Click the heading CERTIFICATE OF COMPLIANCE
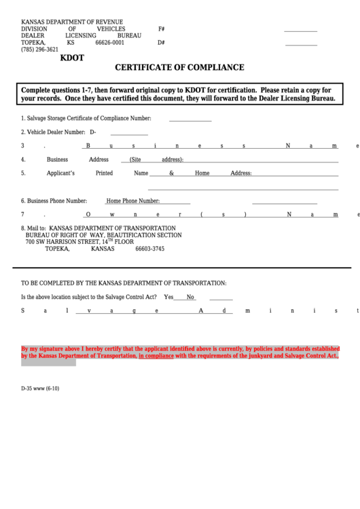click(x=179, y=68)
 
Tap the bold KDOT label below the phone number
click(x=73, y=58)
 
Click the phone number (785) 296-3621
click(x=39, y=50)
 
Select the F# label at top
click(x=162, y=29)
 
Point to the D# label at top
click(x=162, y=42)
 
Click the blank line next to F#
click(x=300, y=31)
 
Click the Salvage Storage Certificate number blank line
click(x=190, y=120)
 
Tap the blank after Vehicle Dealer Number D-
click(x=129, y=135)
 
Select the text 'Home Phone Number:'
click(x=133, y=201)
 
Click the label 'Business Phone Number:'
click(x=54, y=201)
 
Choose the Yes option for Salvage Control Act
click(x=168, y=297)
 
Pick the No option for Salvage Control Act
click(x=191, y=297)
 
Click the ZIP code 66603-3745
click(x=149, y=249)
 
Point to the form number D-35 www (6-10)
click(x=40, y=389)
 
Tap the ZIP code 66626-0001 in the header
click(x=109, y=42)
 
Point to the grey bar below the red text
click(x=48, y=363)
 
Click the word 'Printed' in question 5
click(x=104, y=173)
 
